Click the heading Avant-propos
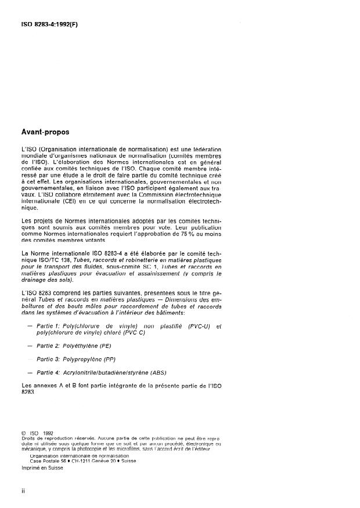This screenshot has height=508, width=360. [x=45, y=132]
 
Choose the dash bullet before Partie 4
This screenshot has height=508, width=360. [x=30, y=372]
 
